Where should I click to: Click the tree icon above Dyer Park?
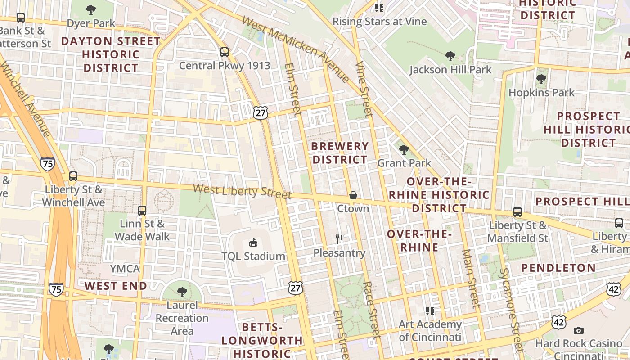(91, 9)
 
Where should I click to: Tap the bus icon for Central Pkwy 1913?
(225, 52)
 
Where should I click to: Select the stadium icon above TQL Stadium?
(253, 243)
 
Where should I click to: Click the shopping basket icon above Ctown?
(353, 195)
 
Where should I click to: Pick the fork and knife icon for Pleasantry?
(339, 239)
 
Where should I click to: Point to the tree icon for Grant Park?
(404, 149)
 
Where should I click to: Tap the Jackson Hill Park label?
(450, 70)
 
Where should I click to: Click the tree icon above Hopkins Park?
(541, 79)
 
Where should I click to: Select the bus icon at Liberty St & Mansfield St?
(517, 211)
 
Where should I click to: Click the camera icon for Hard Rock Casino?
(579, 330)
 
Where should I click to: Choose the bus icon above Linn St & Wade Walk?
(142, 210)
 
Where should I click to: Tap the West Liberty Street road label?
(242, 191)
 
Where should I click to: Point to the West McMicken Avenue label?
(295, 49)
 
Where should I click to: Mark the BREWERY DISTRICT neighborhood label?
(340, 153)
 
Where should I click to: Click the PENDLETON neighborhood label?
(558, 268)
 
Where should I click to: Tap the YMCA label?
(125, 269)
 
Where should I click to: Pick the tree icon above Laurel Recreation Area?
(182, 292)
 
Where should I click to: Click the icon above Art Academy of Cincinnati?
(430, 310)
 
